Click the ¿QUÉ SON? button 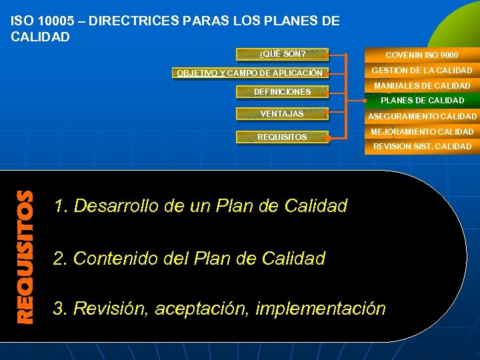point(283,54)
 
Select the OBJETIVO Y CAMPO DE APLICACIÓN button point(249,73)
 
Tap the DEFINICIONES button point(283,92)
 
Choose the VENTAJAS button point(283,114)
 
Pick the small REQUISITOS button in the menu point(283,137)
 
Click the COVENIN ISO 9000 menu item point(421,55)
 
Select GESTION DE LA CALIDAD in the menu point(421,70)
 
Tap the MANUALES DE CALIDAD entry point(421,85)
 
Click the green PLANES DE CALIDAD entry point(421,101)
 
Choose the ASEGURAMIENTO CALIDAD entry point(421,117)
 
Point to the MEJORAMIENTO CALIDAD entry point(421,132)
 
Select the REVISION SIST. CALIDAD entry point(421,147)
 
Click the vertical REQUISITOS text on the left point(25,257)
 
